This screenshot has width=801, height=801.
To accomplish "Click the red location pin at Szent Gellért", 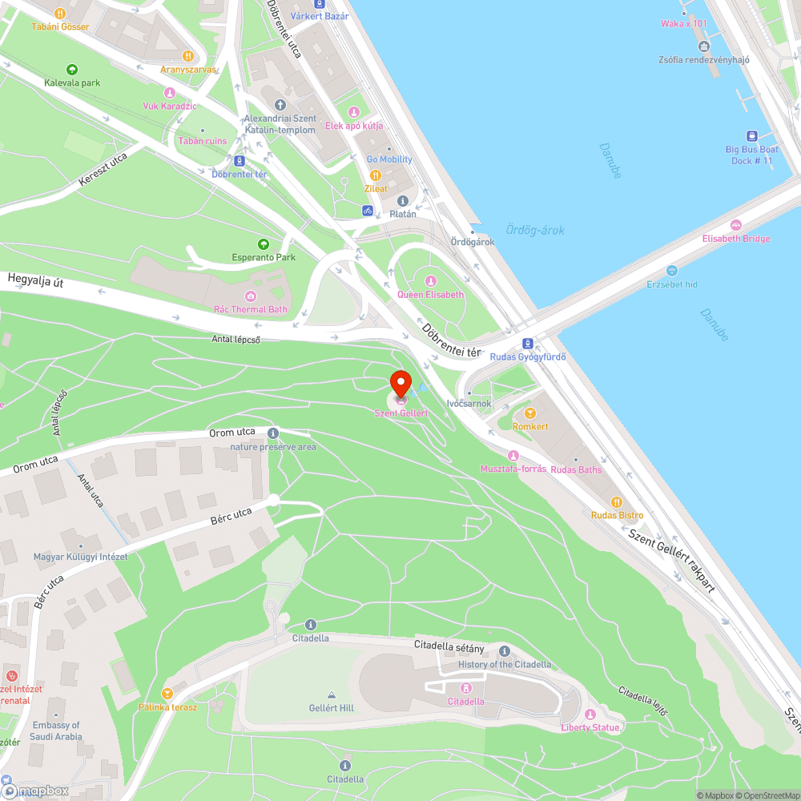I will pos(400,383).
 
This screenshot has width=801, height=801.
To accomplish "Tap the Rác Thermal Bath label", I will pos(250,309).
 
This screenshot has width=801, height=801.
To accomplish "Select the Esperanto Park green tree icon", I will pos(263,244).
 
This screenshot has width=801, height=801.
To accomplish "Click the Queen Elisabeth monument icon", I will pos(431,281).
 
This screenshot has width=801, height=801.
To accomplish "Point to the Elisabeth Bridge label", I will pos(736,238).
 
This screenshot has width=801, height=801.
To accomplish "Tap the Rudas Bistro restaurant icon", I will pos(617,502).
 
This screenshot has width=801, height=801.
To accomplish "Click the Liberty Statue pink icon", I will pos(590,714).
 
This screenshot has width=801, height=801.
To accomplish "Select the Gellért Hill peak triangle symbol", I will pos(331,694).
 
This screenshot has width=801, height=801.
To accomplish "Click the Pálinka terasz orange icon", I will pos(167,694).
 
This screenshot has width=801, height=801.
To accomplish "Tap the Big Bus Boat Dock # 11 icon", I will pos(752,136).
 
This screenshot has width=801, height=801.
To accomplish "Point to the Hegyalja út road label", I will pos(36,281).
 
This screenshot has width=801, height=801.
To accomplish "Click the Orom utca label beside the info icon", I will pos(232,433).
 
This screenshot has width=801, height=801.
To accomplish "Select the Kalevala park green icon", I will pos(72,70).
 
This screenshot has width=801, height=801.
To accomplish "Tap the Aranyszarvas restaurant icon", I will pos(188,56).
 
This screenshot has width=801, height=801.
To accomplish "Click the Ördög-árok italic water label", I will pos(535,231).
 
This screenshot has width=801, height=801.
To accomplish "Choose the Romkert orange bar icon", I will pos(529,413).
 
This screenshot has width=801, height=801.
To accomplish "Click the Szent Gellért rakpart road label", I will pos(671,561).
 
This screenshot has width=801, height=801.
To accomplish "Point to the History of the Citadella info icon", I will pos(505,651).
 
